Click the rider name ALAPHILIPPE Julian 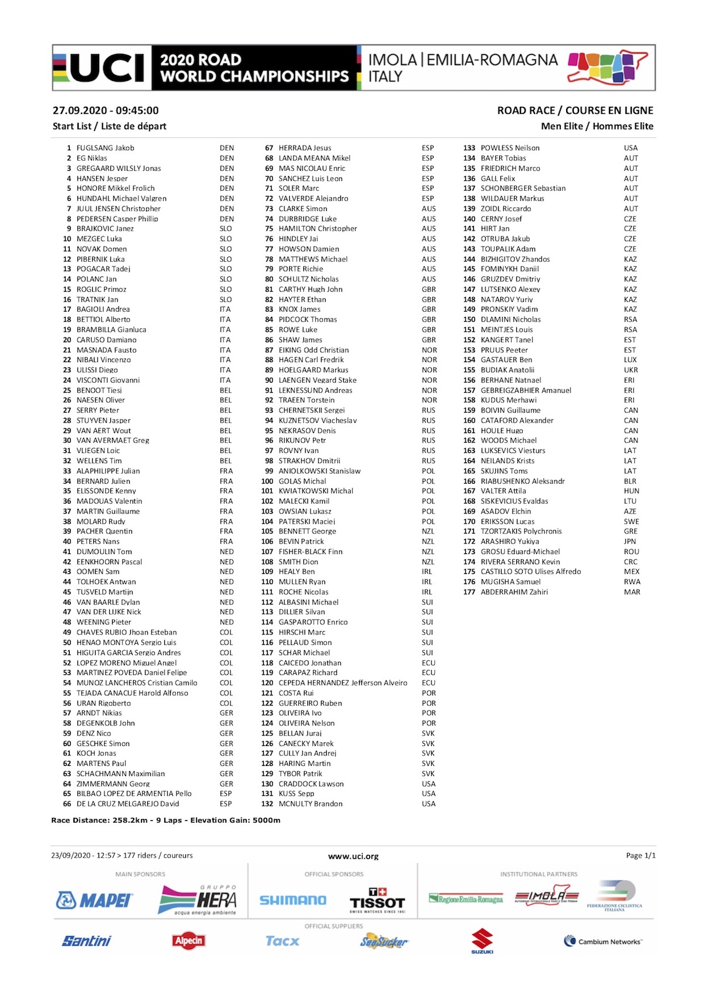[108, 471]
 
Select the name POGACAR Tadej [103, 269]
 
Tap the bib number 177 [469, 592]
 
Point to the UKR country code [631, 370]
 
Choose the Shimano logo [293, 900]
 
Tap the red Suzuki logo [482, 941]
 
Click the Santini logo [87, 941]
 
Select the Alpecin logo [188, 941]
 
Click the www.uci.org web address [353, 856]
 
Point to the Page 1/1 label [641, 856]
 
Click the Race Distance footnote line [165, 821]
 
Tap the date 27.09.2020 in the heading [80, 110]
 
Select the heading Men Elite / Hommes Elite [597, 126]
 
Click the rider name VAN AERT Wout [104, 431]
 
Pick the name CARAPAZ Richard [308, 673]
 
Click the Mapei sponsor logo [95, 900]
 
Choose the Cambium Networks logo [603, 941]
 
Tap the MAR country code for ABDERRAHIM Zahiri [632, 592]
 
